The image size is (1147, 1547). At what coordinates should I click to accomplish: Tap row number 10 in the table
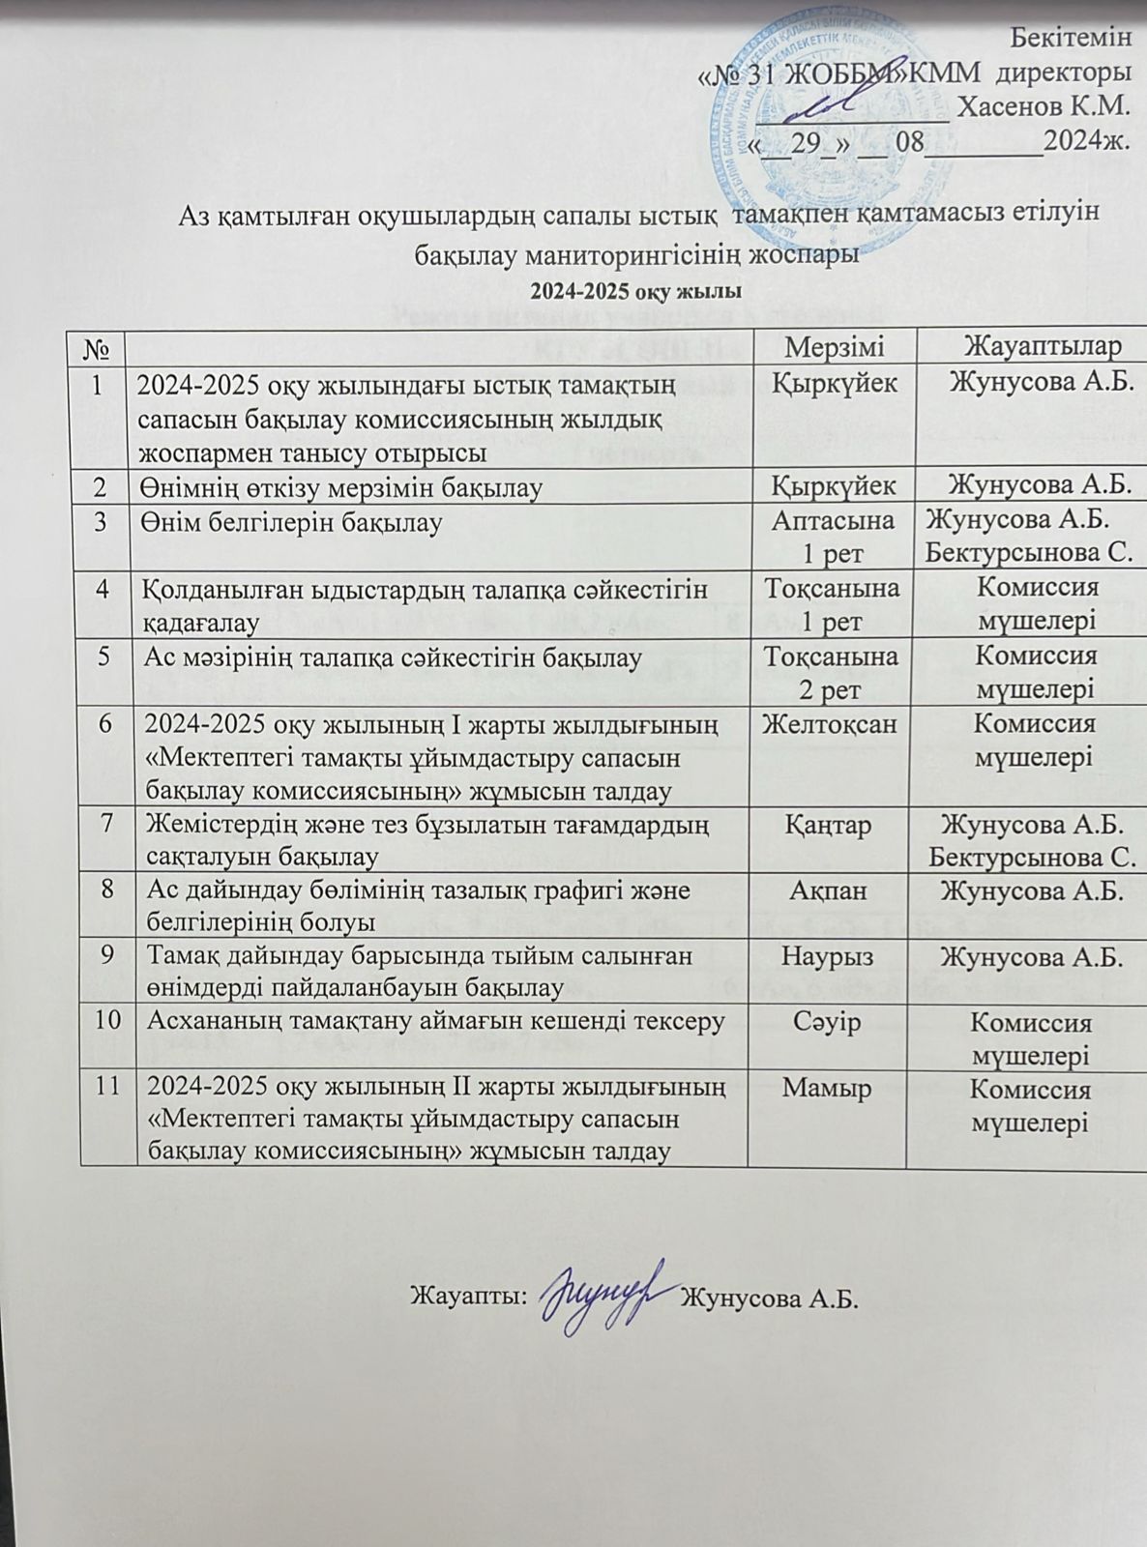[x=107, y=1022]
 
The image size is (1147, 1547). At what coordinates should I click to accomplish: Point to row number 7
[x=107, y=825]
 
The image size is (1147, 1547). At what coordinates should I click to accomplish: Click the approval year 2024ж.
[x=1087, y=142]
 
